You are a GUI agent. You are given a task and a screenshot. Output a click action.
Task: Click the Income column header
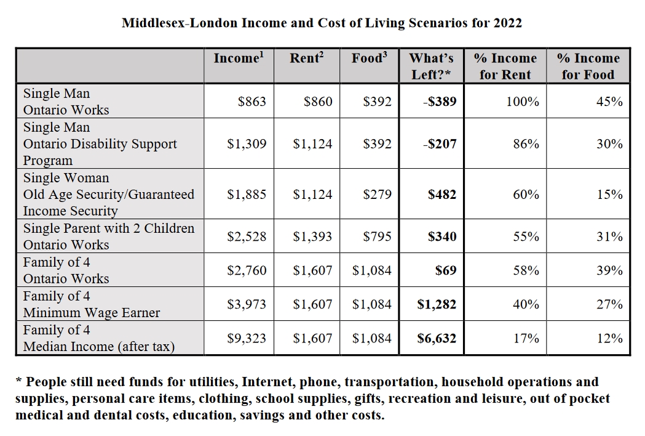pos(239,59)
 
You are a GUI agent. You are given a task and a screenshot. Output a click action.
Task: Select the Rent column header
pos(306,59)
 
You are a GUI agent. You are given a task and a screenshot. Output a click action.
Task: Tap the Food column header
pos(369,59)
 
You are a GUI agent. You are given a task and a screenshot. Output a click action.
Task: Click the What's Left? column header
pos(432,67)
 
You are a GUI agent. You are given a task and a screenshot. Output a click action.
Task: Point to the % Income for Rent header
pos(505,67)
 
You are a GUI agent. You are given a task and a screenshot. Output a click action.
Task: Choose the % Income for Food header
pos(588,67)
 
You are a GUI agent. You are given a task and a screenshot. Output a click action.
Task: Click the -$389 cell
pos(440,102)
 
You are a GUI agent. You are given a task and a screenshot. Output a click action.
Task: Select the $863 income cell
pos(252,102)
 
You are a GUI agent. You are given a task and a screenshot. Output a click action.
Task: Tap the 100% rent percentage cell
pos(523,102)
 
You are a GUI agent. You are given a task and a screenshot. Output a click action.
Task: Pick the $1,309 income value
pos(247,144)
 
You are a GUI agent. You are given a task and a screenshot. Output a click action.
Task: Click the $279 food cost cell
pos(377,195)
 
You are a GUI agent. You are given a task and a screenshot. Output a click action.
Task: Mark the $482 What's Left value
pos(442,195)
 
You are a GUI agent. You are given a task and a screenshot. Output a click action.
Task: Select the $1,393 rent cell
pos(312,236)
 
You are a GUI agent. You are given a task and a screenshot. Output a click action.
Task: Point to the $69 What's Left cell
pos(446,270)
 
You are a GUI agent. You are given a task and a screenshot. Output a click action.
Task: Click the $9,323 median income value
pos(247,338)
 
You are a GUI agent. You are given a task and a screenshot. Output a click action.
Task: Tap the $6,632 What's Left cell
pos(437,338)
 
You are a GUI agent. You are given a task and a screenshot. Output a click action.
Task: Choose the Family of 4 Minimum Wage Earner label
pos(91,304)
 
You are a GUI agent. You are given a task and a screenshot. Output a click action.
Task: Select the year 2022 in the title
pos(507,23)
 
